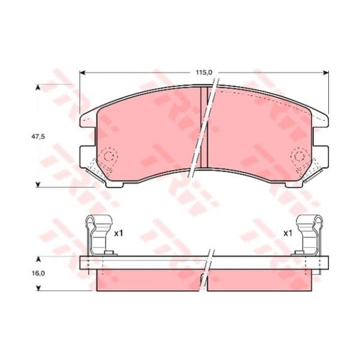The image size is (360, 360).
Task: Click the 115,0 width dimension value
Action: coord(204,73)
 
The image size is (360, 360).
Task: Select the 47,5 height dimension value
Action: coord(38,137)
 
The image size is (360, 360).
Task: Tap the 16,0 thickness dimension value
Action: coord(38,274)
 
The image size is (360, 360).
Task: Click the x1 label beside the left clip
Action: coord(119,234)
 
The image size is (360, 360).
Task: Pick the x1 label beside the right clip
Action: coord(287,234)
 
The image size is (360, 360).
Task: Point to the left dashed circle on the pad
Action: coord(110,156)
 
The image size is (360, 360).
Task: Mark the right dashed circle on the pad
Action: coord(299,156)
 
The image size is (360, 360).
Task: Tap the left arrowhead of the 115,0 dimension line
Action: coord(82,73)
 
